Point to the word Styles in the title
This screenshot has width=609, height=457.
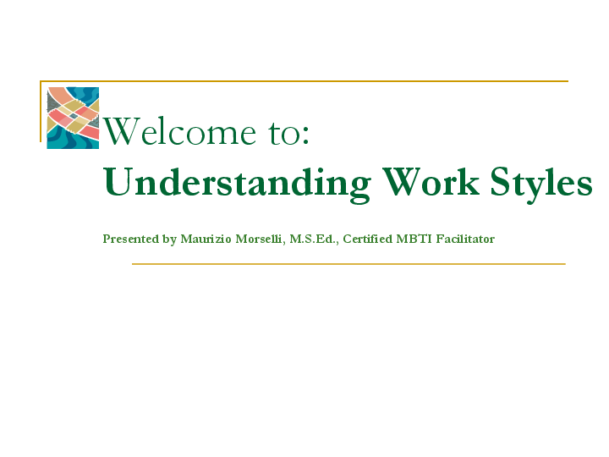[x=541, y=183]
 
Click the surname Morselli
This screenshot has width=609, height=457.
[x=259, y=240]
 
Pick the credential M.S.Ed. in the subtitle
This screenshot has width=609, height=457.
[x=314, y=240]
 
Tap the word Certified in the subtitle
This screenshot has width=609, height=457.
[x=367, y=240]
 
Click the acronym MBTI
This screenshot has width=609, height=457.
[x=414, y=240]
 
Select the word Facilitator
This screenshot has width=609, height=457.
[x=465, y=240]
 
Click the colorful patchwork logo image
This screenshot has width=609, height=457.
[x=73, y=118]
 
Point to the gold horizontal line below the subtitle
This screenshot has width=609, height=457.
[x=348, y=264]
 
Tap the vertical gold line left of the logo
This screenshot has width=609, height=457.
[x=41, y=111]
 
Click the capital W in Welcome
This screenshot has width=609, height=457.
[x=119, y=132]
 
